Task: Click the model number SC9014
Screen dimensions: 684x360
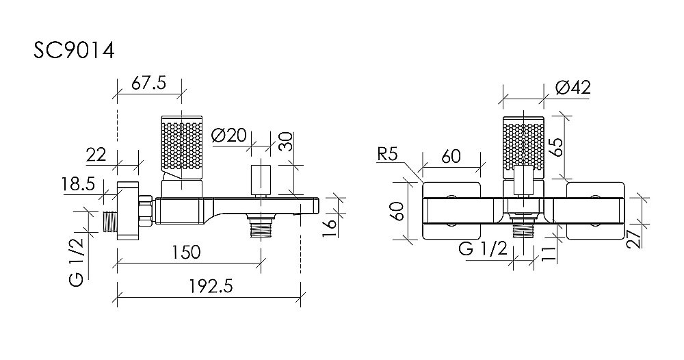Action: click(74, 51)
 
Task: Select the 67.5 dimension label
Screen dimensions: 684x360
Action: click(148, 83)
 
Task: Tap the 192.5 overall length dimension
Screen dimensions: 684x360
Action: click(211, 287)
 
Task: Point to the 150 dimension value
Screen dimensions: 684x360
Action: click(185, 252)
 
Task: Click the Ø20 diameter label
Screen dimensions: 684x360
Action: click(228, 136)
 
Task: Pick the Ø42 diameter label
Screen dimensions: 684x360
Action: click(573, 88)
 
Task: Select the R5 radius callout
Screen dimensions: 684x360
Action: click(388, 155)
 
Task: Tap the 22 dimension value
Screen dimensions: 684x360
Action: click(96, 155)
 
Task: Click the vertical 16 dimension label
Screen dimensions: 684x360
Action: click(330, 228)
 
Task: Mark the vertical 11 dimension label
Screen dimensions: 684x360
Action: click(551, 253)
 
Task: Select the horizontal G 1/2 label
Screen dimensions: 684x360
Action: click(483, 249)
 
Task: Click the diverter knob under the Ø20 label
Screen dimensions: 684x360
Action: click(261, 179)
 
